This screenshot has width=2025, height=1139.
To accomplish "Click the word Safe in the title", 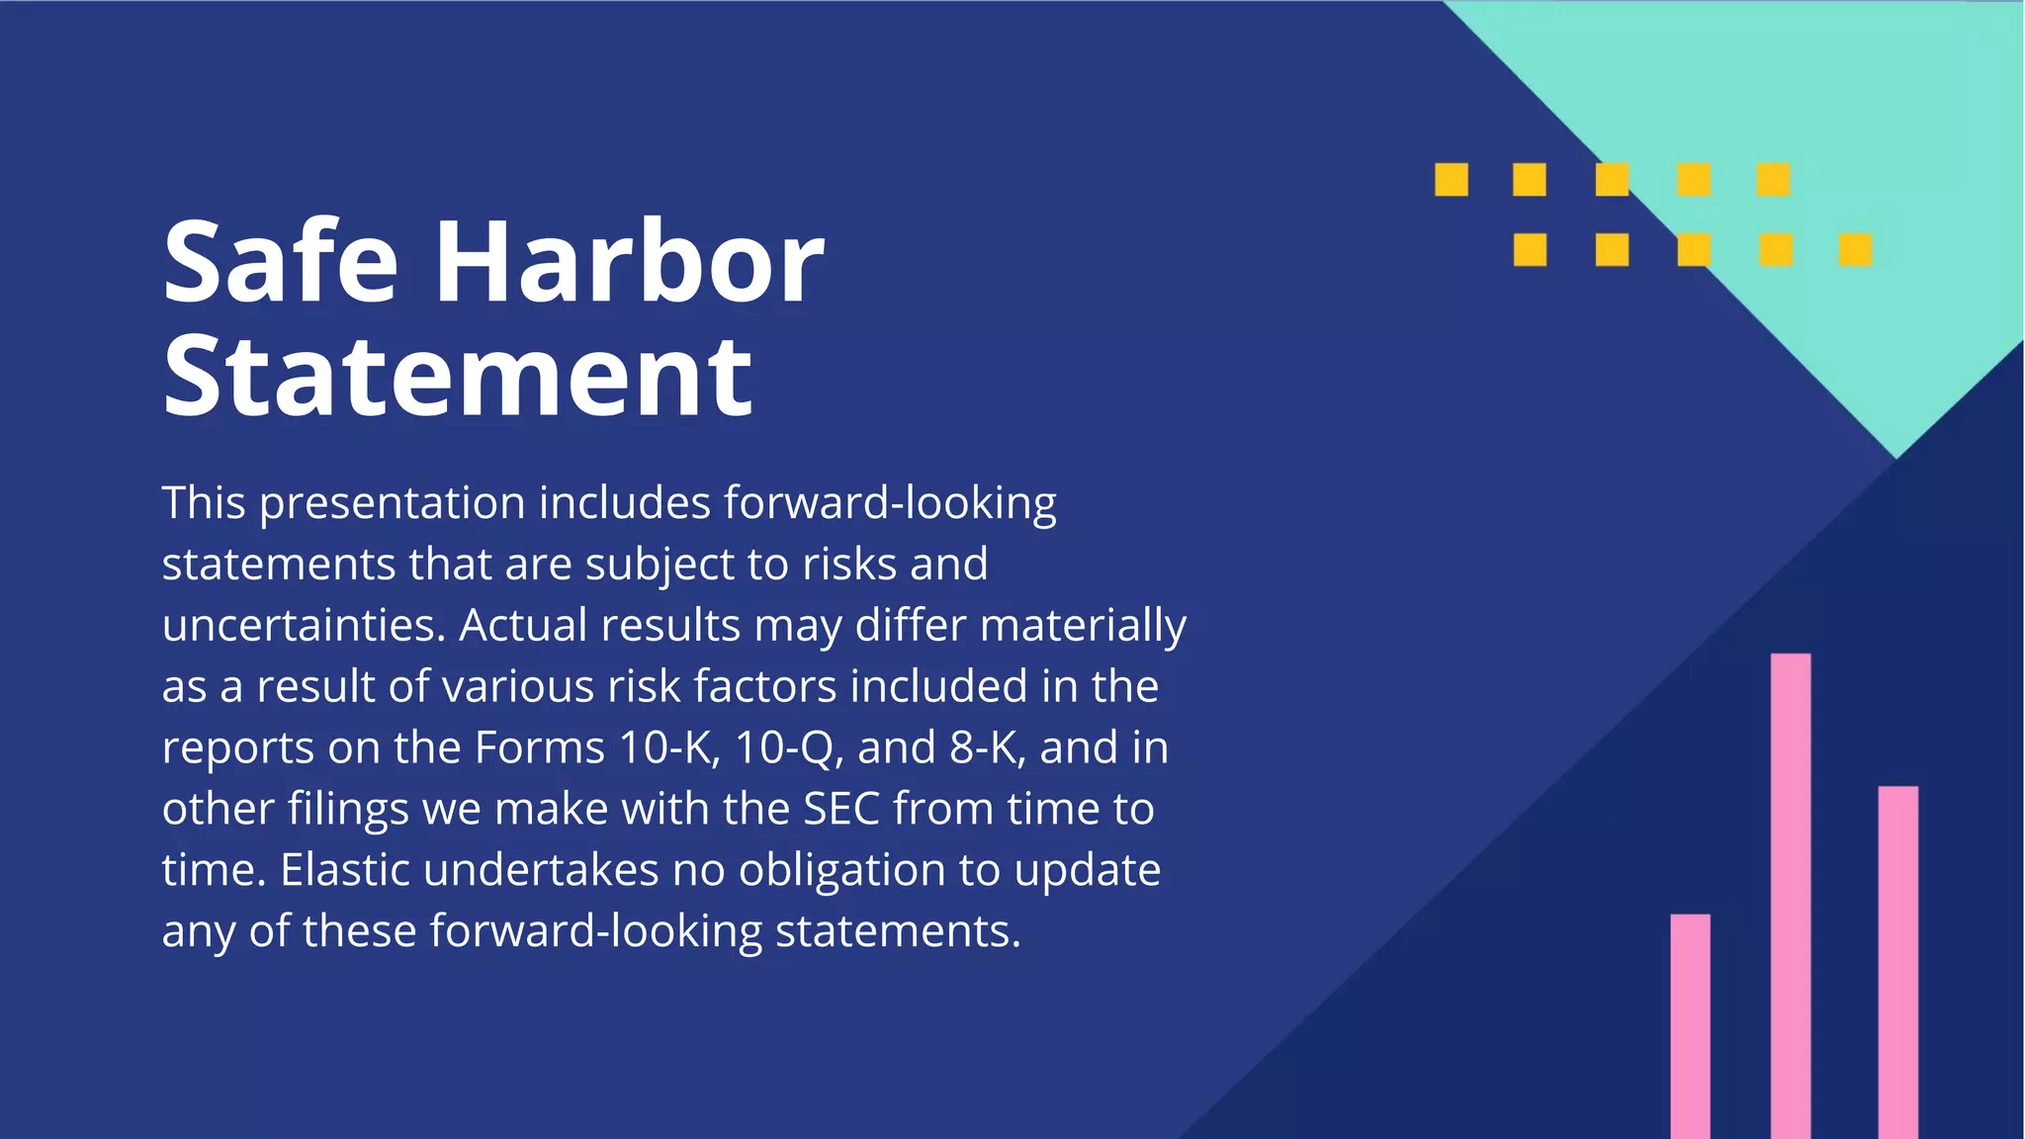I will click(280, 263).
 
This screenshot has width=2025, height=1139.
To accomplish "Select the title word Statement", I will click(458, 377).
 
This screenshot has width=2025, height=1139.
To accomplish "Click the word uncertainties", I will click(304, 626).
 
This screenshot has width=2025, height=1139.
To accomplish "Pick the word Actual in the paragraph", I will click(523, 626).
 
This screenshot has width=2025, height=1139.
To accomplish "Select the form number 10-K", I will click(668, 748).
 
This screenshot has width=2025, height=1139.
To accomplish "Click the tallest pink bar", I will click(1791, 890).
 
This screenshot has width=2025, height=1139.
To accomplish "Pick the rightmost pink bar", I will click(1897, 959).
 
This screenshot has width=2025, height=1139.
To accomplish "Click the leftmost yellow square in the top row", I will click(1452, 180).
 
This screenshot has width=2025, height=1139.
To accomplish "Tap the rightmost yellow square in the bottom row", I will click(1855, 249).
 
